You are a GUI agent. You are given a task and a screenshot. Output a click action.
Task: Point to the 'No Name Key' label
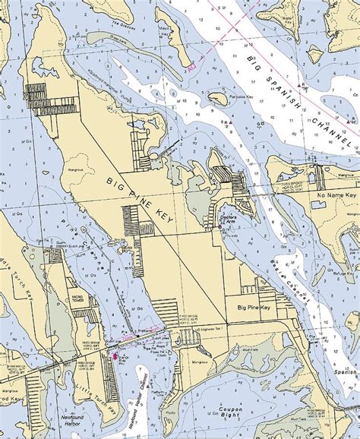[332, 195]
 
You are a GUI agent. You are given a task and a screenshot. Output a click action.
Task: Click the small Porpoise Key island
[217, 98]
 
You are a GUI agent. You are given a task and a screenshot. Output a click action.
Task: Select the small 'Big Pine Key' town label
[253, 308]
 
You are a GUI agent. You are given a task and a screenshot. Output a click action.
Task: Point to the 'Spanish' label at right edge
[346, 372]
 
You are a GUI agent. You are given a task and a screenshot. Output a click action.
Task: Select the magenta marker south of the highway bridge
[115, 355]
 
